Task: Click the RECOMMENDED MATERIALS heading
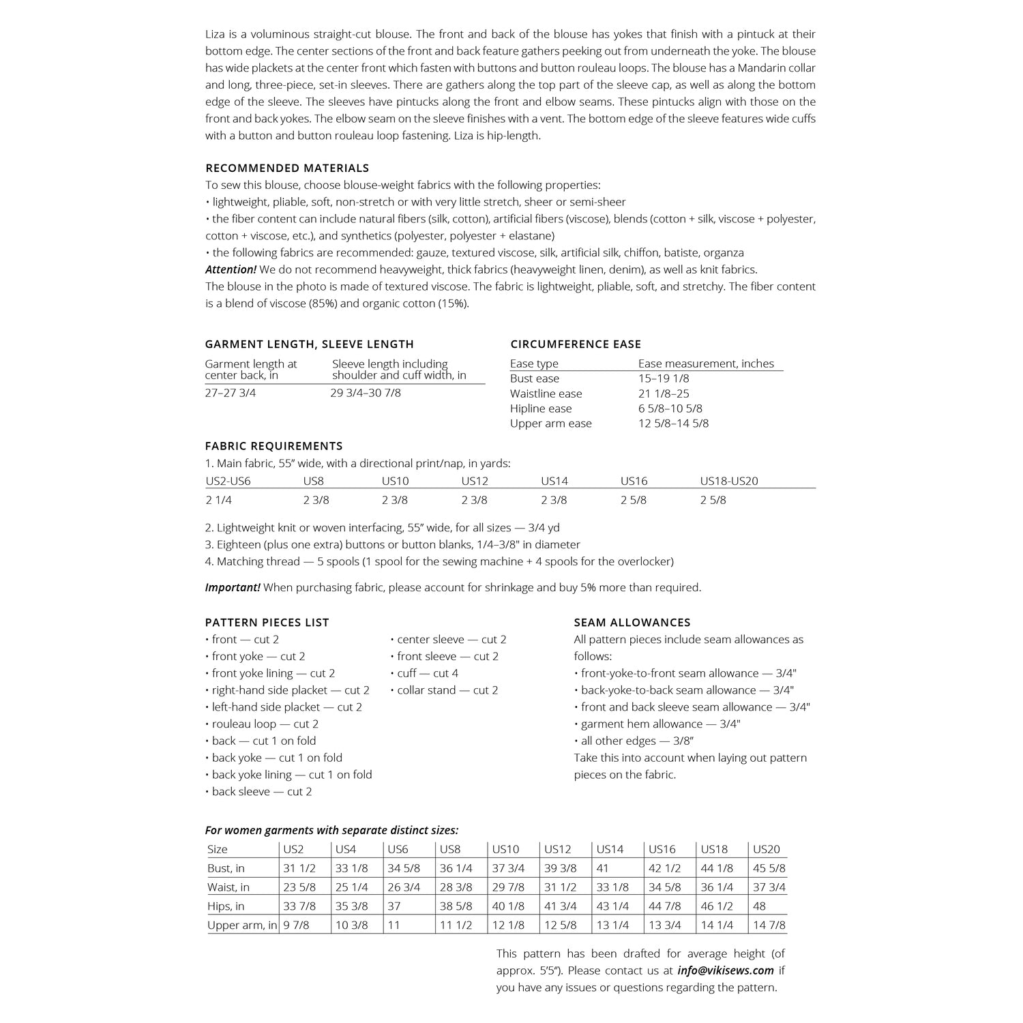[287, 168]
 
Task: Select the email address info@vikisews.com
[726, 970]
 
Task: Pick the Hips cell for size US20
[760, 906]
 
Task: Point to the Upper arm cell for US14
[612, 925]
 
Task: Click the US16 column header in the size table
[662, 849]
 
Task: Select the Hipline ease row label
[541, 409]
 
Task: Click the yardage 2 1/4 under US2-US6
[219, 500]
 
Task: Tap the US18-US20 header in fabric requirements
[729, 481]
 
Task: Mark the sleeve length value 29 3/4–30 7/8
[366, 394]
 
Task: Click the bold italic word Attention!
[231, 269]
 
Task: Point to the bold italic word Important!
[233, 587]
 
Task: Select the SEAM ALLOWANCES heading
[632, 623]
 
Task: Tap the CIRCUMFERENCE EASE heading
[576, 344]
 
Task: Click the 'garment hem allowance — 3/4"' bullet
[657, 724]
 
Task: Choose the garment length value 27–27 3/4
[231, 394]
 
